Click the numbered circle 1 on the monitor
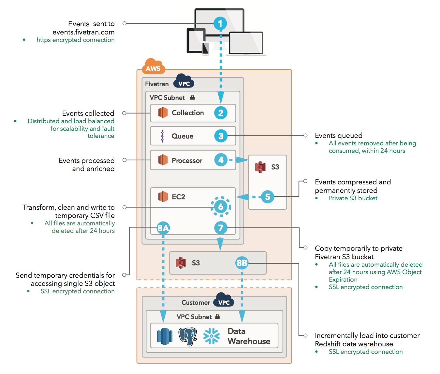(220, 23)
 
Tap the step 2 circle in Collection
(221, 113)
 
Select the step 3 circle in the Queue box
(221, 136)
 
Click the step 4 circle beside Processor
(221, 160)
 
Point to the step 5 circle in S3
(268, 197)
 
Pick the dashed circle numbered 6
(221, 207)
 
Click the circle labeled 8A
(163, 228)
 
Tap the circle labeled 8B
(242, 263)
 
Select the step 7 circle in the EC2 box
(221, 228)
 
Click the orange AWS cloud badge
(153, 67)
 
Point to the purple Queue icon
(162, 136)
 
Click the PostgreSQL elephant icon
(187, 336)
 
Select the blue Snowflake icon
(211, 336)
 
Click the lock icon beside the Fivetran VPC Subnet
(193, 97)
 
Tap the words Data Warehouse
(249, 336)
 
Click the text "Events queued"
(338, 136)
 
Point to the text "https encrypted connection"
(75, 40)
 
